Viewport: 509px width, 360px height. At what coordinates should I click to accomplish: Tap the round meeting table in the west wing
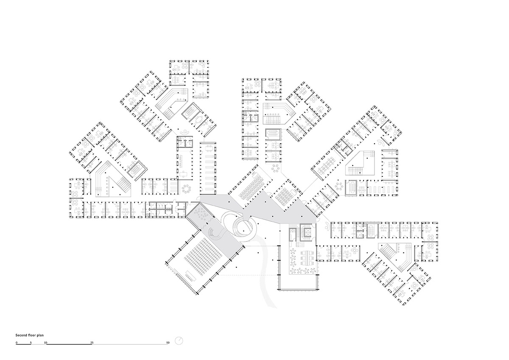click(x=186, y=188)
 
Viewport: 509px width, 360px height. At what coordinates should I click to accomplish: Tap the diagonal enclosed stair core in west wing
click(x=135, y=169)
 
